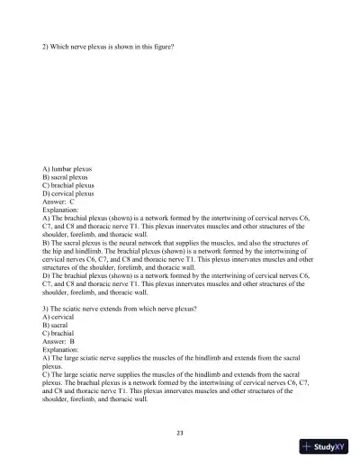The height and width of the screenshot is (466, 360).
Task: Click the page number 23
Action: tap(180, 434)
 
